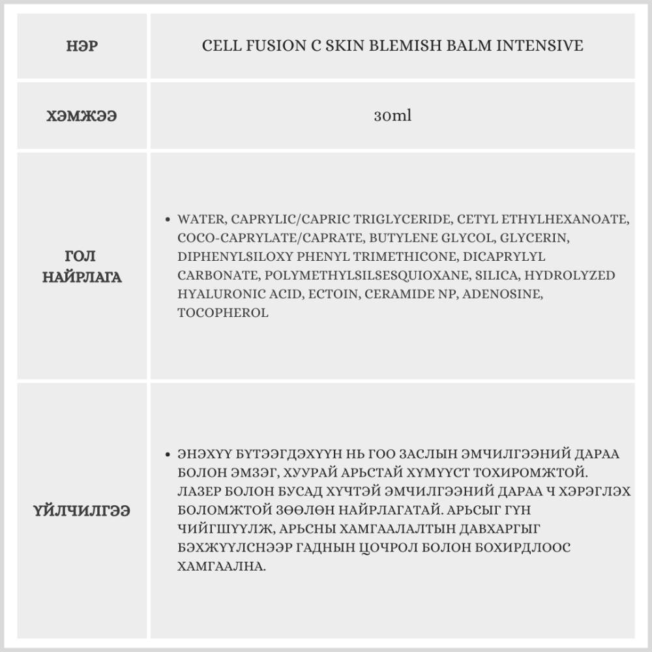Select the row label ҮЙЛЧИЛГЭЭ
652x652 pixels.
click(82, 511)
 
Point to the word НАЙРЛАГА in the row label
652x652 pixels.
click(82, 277)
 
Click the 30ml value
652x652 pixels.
click(393, 117)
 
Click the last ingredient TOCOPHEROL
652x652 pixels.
click(222, 313)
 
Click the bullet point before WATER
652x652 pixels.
click(169, 220)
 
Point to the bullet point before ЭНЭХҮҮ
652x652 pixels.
click(169, 454)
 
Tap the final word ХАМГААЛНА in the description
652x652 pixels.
click(221, 567)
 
